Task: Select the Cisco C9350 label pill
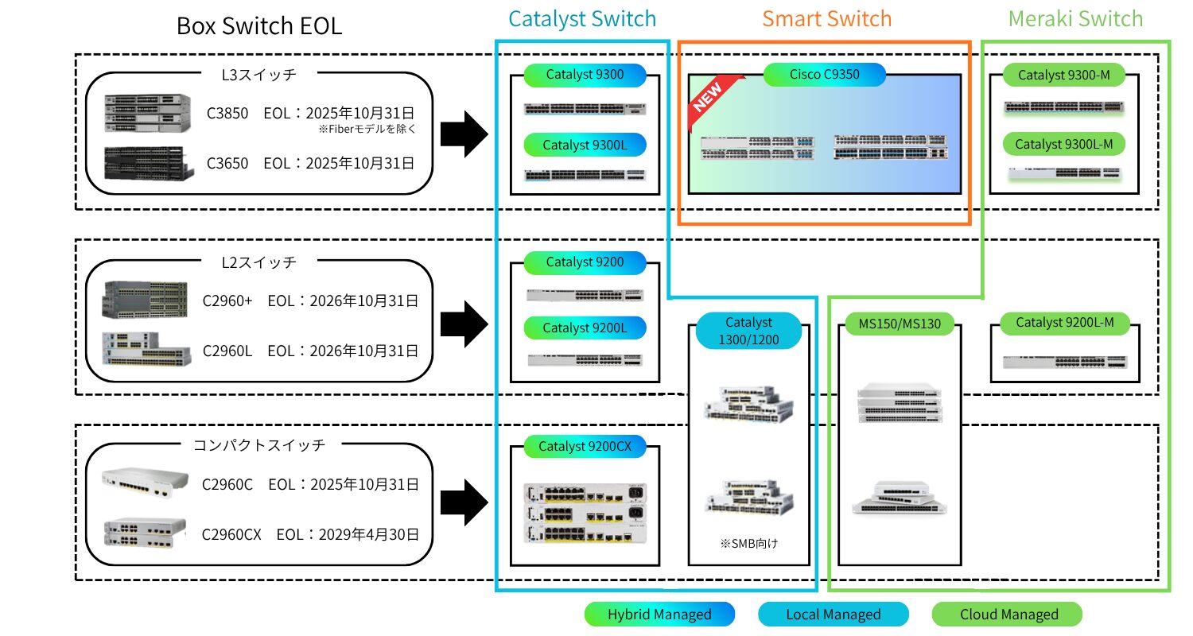tap(824, 75)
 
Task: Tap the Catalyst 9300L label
tap(585, 145)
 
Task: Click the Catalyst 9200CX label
tap(585, 447)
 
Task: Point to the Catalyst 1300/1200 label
tap(748, 332)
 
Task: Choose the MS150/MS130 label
tap(899, 325)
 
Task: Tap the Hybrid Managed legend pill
tap(659, 614)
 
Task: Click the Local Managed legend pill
tap(833, 614)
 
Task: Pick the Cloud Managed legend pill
tap(1008, 614)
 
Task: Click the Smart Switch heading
tap(826, 18)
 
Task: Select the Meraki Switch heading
tap(1075, 18)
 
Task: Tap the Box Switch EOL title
tap(259, 26)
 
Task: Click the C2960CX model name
tap(231, 534)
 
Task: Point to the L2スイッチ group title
tap(258, 262)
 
